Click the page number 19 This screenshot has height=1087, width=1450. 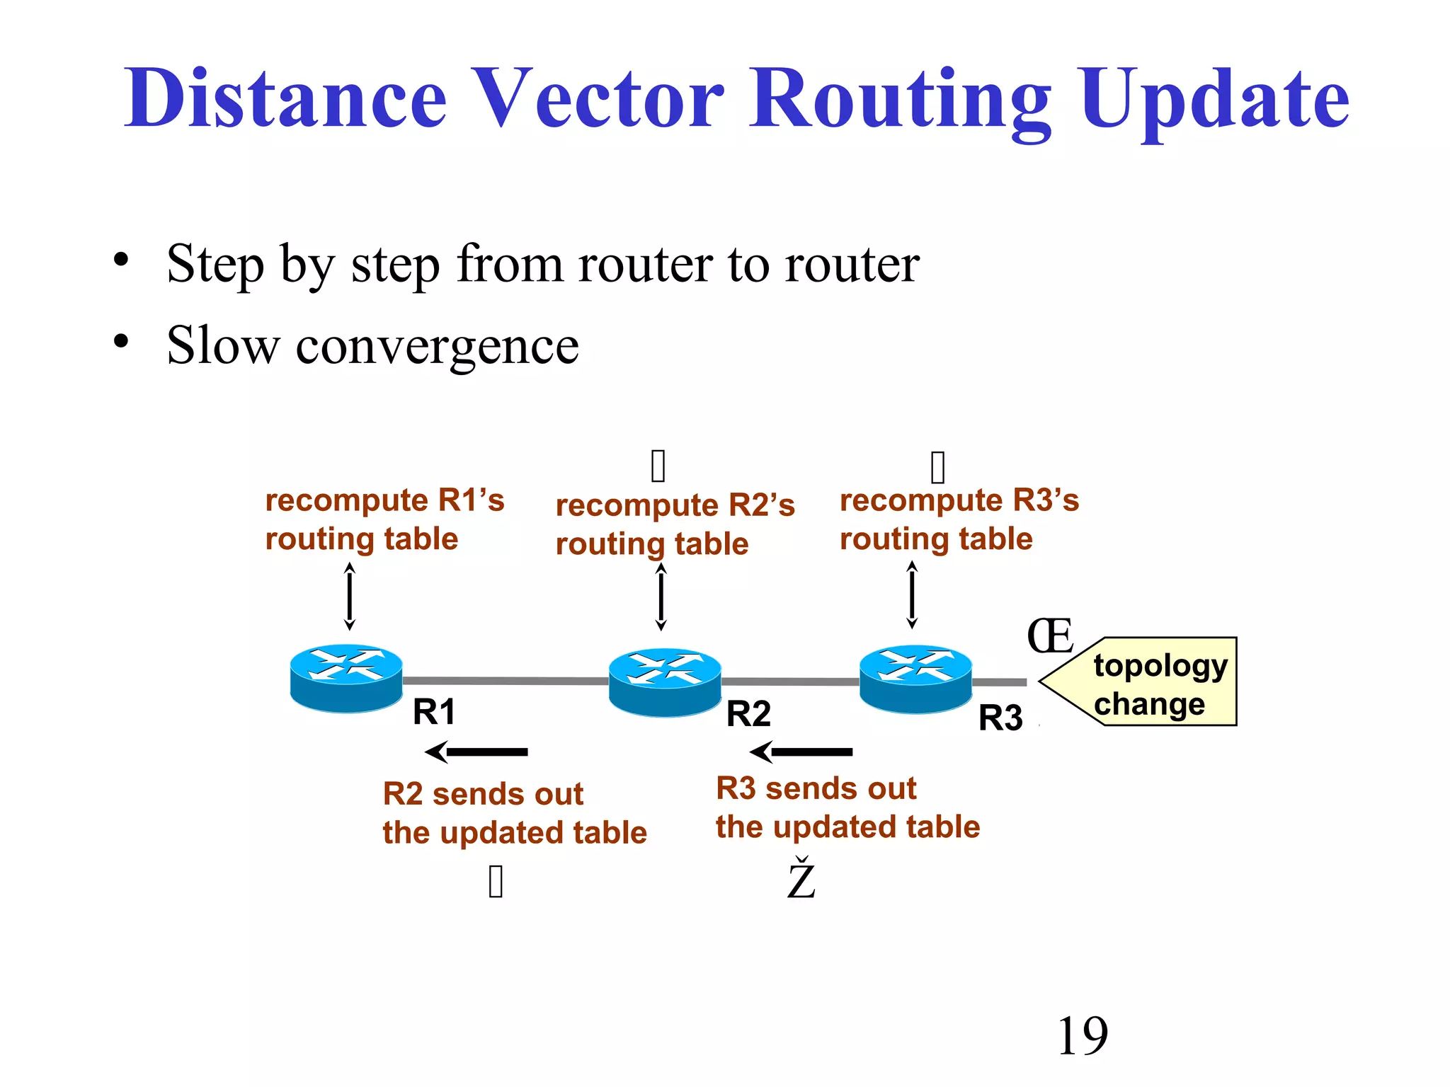tap(1082, 1036)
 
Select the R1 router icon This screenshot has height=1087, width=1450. tap(346, 677)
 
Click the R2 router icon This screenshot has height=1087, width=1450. tap(665, 681)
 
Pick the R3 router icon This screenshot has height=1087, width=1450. tap(915, 678)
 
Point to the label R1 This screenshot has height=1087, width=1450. tap(434, 712)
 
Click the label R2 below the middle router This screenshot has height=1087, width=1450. tap(748, 713)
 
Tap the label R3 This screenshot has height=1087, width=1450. tap(1000, 718)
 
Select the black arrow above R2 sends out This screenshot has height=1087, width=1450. tap(476, 752)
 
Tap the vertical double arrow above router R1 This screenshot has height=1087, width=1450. tap(349, 596)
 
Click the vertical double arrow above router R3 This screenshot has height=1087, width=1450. tap(912, 594)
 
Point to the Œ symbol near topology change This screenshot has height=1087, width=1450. tap(1050, 636)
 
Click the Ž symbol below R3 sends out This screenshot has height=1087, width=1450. tap(801, 879)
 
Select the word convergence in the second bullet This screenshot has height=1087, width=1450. tap(437, 346)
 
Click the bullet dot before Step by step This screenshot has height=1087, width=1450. tap(121, 260)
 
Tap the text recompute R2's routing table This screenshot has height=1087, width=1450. tap(674, 524)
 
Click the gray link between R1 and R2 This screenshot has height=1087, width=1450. tap(506, 680)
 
